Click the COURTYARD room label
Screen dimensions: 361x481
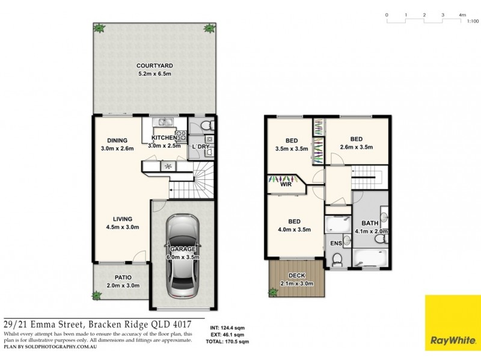(x=155, y=66)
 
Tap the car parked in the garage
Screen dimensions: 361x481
(x=182, y=255)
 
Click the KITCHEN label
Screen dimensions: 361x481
(x=163, y=138)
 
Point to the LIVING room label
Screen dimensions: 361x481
(x=118, y=219)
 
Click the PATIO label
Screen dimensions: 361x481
(x=118, y=279)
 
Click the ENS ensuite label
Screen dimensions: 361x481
(x=335, y=243)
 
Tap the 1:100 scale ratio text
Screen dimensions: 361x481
(x=473, y=21)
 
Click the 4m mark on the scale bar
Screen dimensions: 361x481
(x=462, y=14)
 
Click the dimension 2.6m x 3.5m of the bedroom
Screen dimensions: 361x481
(x=357, y=147)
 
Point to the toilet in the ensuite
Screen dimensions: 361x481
(x=337, y=259)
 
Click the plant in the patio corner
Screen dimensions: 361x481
(x=97, y=295)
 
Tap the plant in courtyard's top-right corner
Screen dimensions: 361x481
(x=209, y=28)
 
